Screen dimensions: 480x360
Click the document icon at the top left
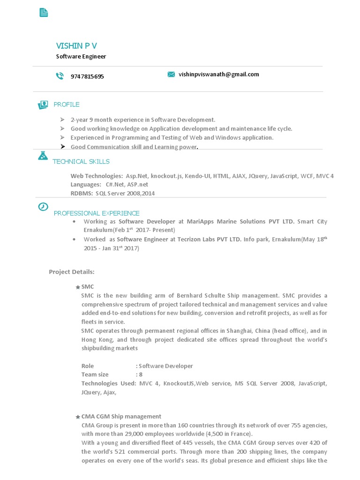(x=44, y=13)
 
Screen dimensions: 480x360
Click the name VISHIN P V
(x=76, y=45)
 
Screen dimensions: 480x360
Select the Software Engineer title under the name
(x=81, y=56)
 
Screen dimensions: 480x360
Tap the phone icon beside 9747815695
(x=60, y=76)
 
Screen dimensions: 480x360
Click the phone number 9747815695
(x=87, y=76)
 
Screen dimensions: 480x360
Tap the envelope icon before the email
(x=171, y=74)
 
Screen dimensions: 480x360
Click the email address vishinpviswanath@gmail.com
(x=218, y=74)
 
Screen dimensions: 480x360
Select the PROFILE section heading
(x=67, y=104)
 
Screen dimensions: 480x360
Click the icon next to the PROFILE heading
(x=43, y=105)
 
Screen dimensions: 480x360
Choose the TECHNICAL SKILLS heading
(x=81, y=162)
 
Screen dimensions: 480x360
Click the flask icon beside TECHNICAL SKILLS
(x=43, y=156)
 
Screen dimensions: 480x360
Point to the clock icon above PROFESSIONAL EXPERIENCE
(x=43, y=207)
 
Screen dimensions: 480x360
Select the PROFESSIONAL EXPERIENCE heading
(x=97, y=213)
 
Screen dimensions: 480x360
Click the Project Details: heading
(x=72, y=272)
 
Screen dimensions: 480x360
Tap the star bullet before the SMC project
(x=77, y=287)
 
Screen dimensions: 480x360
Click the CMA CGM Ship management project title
(x=121, y=416)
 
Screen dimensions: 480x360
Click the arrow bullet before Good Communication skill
(x=62, y=147)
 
